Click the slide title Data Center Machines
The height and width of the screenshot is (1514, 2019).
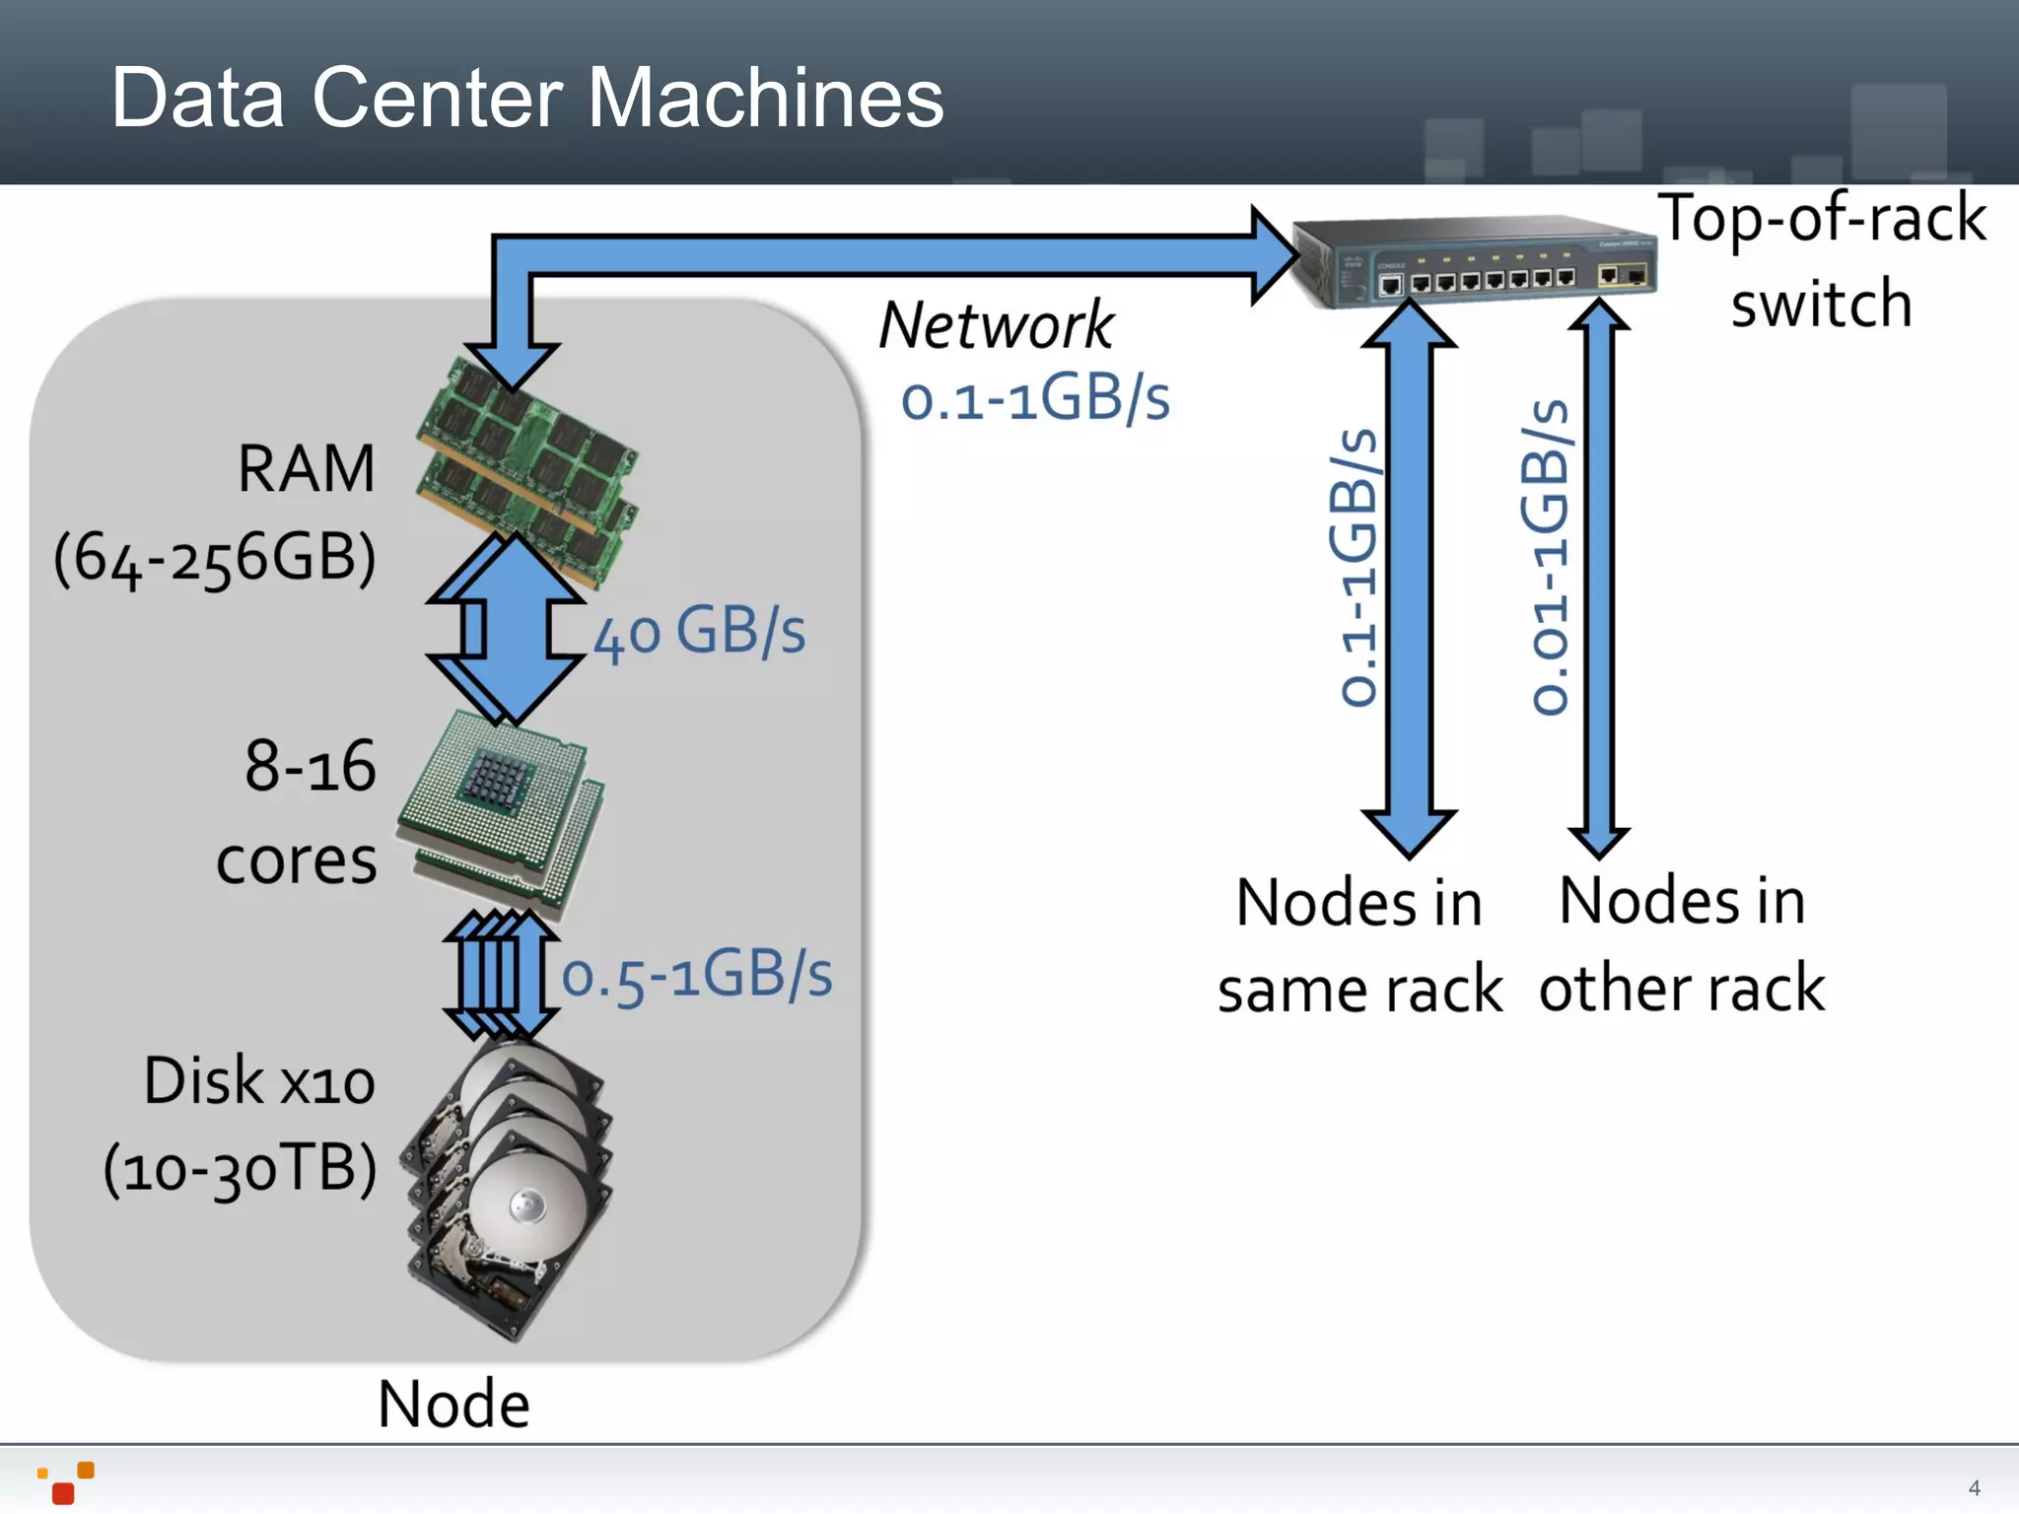(x=527, y=98)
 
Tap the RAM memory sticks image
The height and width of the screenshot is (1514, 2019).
(x=527, y=473)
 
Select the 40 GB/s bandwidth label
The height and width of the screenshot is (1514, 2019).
(x=700, y=633)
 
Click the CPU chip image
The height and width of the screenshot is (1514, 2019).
(x=501, y=810)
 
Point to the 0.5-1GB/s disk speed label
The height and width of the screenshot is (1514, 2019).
(x=696, y=976)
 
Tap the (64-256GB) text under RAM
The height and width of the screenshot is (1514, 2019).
(x=215, y=558)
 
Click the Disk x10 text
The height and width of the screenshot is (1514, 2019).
(x=259, y=1081)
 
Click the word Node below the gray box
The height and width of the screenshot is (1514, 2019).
(x=453, y=1404)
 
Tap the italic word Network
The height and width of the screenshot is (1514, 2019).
(x=996, y=325)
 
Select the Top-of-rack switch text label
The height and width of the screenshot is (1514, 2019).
(x=1822, y=260)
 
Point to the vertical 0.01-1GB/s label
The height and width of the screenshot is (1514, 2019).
(x=1548, y=557)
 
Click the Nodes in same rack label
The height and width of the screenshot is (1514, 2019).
(x=1359, y=945)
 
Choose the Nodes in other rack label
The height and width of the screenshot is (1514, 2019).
(x=1682, y=943)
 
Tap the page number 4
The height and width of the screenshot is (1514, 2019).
(x=1974, y=1487)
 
